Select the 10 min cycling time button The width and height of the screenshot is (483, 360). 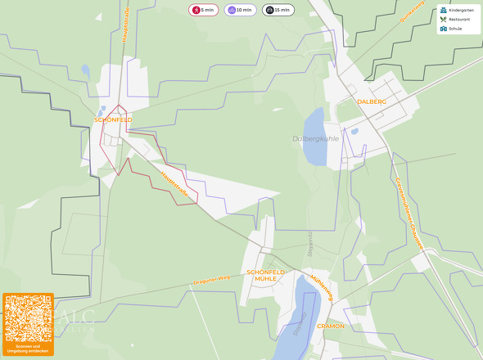[x=240, y=10]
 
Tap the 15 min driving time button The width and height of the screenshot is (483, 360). [x=278, y=10]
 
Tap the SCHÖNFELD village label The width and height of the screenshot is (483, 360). [x=113, y=119]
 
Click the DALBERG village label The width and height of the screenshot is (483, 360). [x=372, y=101]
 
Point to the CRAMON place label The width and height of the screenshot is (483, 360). [x=331, y=326]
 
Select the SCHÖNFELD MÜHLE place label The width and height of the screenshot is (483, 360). [x=265, y=275]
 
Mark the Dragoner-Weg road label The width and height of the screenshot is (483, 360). [x=211, y=279]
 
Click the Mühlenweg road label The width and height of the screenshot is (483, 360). [x=322, y=287]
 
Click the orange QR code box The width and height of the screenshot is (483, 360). [x=28, y=324]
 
